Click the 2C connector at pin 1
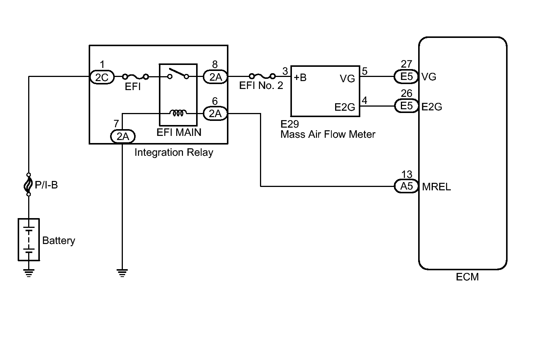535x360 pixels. (x=102, y=77)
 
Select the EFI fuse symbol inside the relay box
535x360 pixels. (x=135, y=77)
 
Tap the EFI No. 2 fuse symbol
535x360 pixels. (x=262, y=76)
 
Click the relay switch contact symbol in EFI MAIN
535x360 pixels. (x=178, y=74)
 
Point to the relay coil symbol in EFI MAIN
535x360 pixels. (x=178, y=113)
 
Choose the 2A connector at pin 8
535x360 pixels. (x=215, y=77)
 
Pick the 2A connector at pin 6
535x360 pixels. (x=215, y=113)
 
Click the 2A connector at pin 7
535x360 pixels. (x=123, y=137)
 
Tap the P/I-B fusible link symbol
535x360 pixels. (x=29, y=185)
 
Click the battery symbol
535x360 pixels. (x=29, y=239)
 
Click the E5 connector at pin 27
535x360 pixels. (x=406, y=77)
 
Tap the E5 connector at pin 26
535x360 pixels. (x=407, y=106)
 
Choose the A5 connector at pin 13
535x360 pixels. (x=407, y=186)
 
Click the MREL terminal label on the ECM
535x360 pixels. (x=436, y=187)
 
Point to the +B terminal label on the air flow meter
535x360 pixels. (x=300, y=78)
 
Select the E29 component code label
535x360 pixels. (x=289, y=124)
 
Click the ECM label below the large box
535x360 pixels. (x=467, y=277)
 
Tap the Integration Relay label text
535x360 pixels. (x=174, y=152)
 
